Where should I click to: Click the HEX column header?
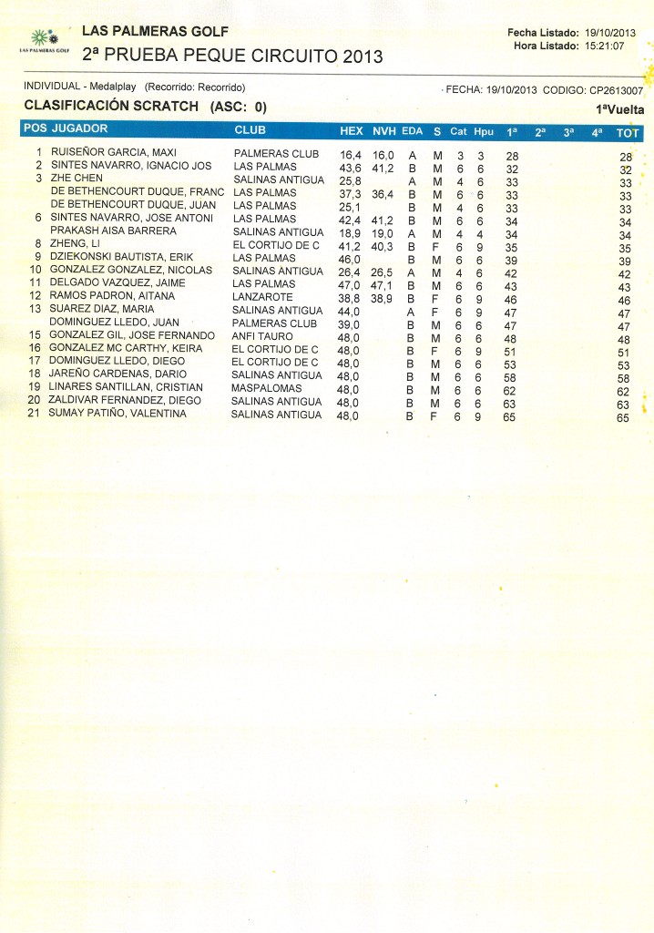(351, 131)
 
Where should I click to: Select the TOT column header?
(628, 133)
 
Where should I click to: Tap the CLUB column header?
(250, 130)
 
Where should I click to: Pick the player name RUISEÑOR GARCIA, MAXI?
(113, 152)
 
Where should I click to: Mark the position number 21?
(35, 414)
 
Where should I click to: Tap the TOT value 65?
(623, 418)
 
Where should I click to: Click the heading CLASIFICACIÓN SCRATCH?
(111, 106)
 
